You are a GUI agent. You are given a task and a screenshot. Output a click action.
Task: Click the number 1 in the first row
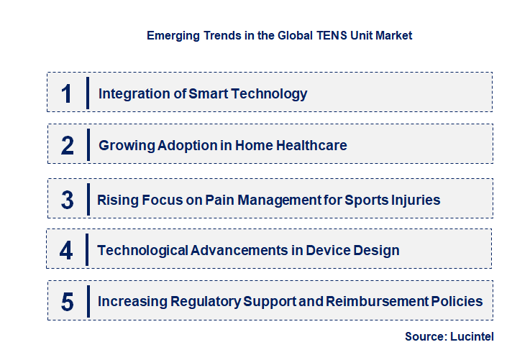click(x=67, y=93)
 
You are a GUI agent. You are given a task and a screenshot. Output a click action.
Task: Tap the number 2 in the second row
click(x=68, y=145)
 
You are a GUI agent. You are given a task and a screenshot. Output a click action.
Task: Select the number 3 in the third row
click(x=67, y=200)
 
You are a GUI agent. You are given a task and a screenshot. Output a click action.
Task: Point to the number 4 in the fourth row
click(x=66, y=250)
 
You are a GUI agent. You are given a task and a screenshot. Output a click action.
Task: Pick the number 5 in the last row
click(x=67, y=302)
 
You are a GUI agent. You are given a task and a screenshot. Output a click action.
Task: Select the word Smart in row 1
click(x=209, y=93)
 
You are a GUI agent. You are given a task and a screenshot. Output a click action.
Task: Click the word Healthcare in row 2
click(x=311, y=145)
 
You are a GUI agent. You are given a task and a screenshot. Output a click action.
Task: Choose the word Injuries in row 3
click(x=414, y=200)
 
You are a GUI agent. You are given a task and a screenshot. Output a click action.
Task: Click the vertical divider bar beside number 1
click(x=87, y=93)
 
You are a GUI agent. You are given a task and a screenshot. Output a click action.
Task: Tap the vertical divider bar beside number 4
click(x=87, y=249)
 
